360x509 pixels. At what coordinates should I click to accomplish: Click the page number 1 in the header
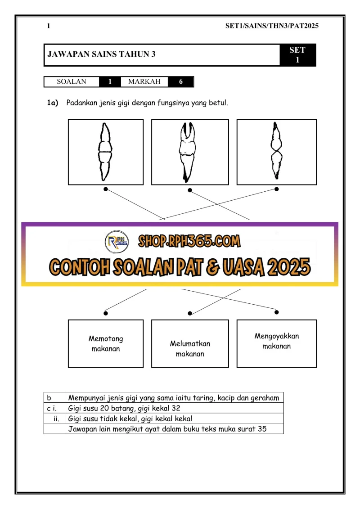(x=49, y=26)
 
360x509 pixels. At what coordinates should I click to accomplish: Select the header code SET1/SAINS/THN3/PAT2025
(x=272, y=26)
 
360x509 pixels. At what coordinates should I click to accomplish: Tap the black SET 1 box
(x=297, y=55)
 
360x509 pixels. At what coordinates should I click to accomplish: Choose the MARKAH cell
(x=144, y=82)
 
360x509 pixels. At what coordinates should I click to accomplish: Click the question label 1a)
(x=53, y=103)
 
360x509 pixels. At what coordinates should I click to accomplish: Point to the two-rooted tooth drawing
(x=189, y=152)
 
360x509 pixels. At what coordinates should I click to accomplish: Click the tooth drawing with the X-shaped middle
(x=276, y=152)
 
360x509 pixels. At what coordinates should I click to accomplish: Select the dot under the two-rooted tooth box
(x=190, y=190)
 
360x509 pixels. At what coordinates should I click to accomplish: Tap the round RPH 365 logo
(x=117, y=243)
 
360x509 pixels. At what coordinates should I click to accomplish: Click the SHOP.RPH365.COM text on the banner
(x=189, y=241)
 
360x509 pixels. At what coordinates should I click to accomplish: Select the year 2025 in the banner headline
(x=290, y=267)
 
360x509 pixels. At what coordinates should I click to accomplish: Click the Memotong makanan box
(x=106, y=343)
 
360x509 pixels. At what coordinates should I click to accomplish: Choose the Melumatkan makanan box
(x=190, y=348)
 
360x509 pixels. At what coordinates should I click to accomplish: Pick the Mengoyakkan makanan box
(x=276, y=341)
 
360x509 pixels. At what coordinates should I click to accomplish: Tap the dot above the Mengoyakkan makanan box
(x=276, y=312)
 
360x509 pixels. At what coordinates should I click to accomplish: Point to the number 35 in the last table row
(x=262, y=429)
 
